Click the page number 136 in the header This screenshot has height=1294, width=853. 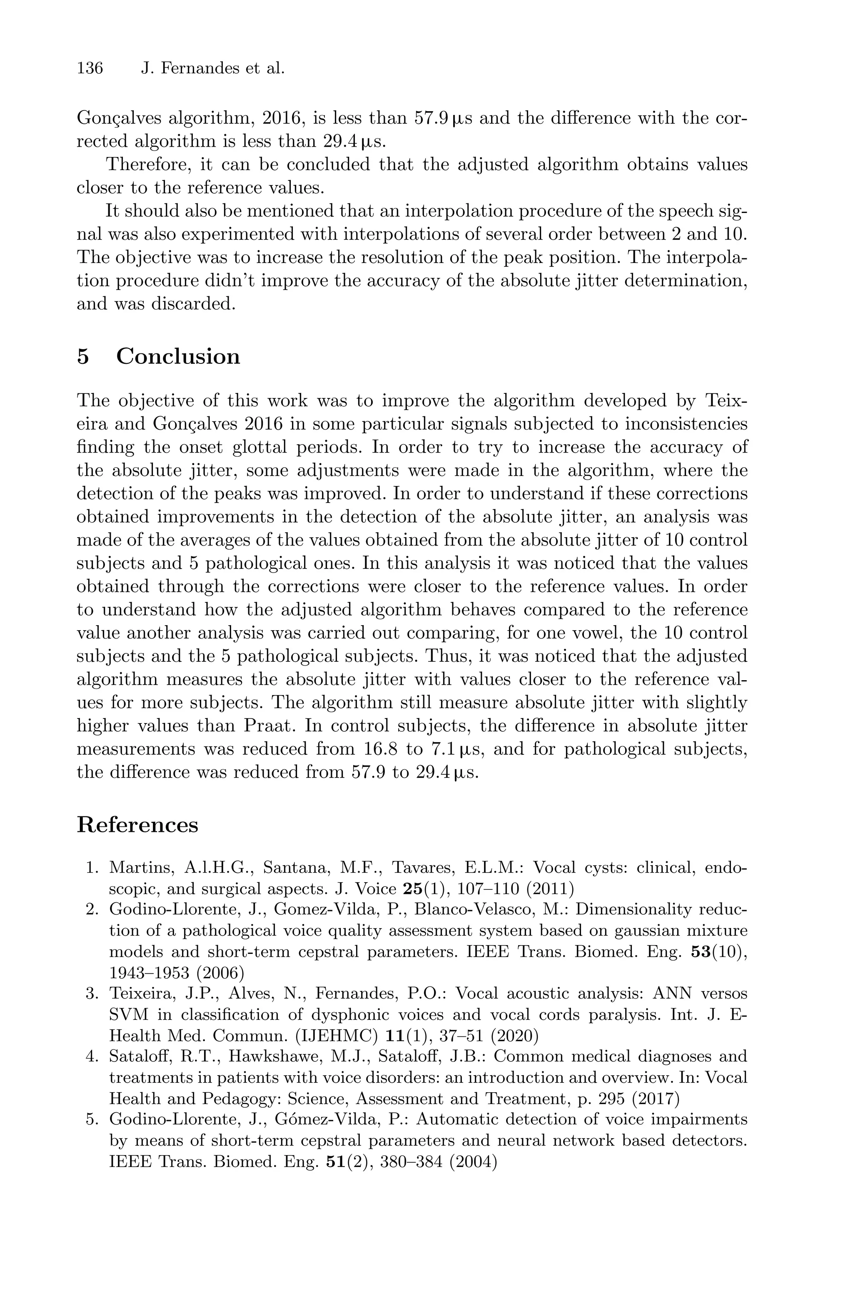(90, 69)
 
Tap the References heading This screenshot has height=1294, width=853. (137, 824)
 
